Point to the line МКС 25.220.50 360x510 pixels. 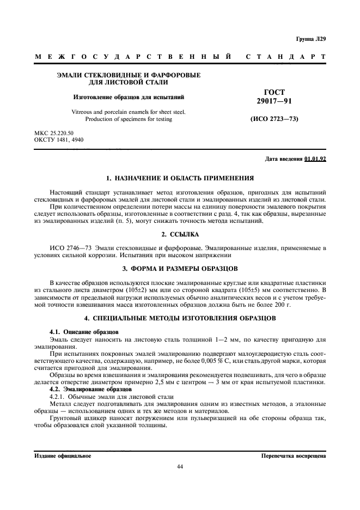(x=53, y=133)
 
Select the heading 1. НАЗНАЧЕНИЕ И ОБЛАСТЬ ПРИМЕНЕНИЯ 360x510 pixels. (x=180, y=179)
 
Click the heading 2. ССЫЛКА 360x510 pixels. (x=180, y=234)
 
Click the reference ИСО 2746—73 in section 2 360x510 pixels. (x=69, y=248)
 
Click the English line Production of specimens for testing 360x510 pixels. (x=129, y=119)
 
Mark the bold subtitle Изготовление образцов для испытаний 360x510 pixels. (x=129, y=98)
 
